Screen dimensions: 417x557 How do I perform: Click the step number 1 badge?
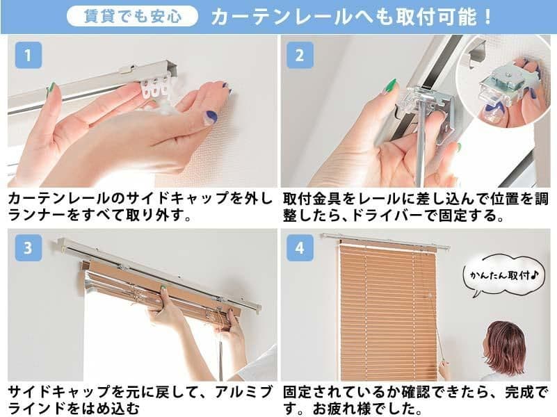pyautogui.click(x=28, y=56)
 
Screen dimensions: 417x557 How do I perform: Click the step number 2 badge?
pyautogui.click(x=300, y=56)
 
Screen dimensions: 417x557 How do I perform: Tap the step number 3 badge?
pyautogui.click(x=28, y=248)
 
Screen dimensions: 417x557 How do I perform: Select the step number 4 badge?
pyautogui.click(x=300, y=248)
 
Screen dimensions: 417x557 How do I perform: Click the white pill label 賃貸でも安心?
pyautogui.click(x=132, y=16)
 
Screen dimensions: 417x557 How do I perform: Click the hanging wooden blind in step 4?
pyautogui.click(x=381, y=313)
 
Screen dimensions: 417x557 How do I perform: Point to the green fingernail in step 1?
pyautogui.click(x=51, y=88)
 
